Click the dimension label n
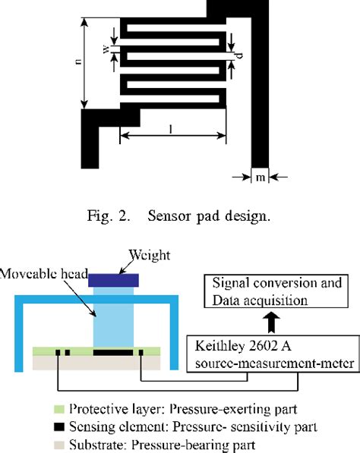[79, 63]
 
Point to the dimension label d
[239, 55]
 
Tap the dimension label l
[173, 130]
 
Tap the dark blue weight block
[113, 280]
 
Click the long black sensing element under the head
[113, 353]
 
